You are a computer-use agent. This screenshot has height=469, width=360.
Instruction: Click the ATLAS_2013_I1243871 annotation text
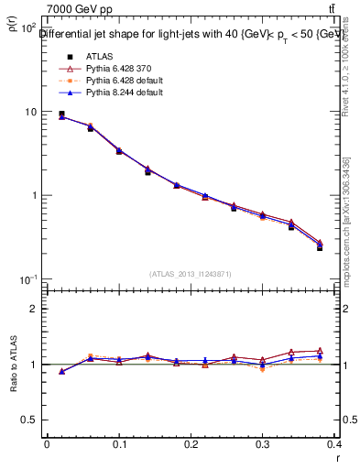point(191,274)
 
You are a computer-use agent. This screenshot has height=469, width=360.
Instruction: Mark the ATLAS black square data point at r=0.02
point(61,115)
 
